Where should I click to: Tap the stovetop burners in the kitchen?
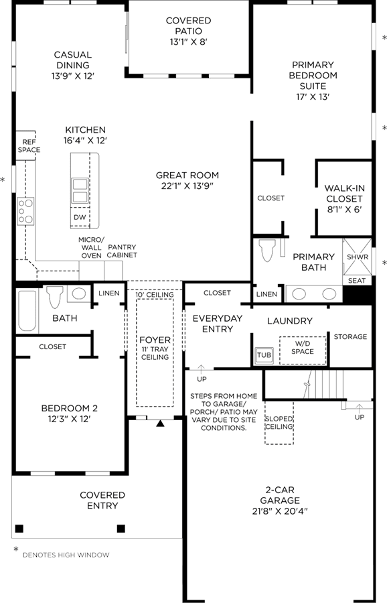point(25,211)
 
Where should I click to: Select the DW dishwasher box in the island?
point(80,217)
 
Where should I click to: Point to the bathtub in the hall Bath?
point(27,311)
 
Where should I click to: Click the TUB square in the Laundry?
point(264,355)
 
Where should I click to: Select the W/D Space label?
point(303,347)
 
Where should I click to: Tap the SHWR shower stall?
point(358,257)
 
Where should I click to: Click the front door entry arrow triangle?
point(160,423)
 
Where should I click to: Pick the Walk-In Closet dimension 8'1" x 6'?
point(344,210)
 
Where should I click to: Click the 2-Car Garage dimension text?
point(280,511)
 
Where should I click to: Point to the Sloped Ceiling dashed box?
point(279,423)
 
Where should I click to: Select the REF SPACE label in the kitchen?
point(29,146)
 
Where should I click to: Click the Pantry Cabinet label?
point(122,251)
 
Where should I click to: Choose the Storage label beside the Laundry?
point(350,337)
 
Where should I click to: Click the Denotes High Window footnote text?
point(66,555)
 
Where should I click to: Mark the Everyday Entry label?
point(218,324)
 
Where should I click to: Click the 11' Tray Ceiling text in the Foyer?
point(155,353)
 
